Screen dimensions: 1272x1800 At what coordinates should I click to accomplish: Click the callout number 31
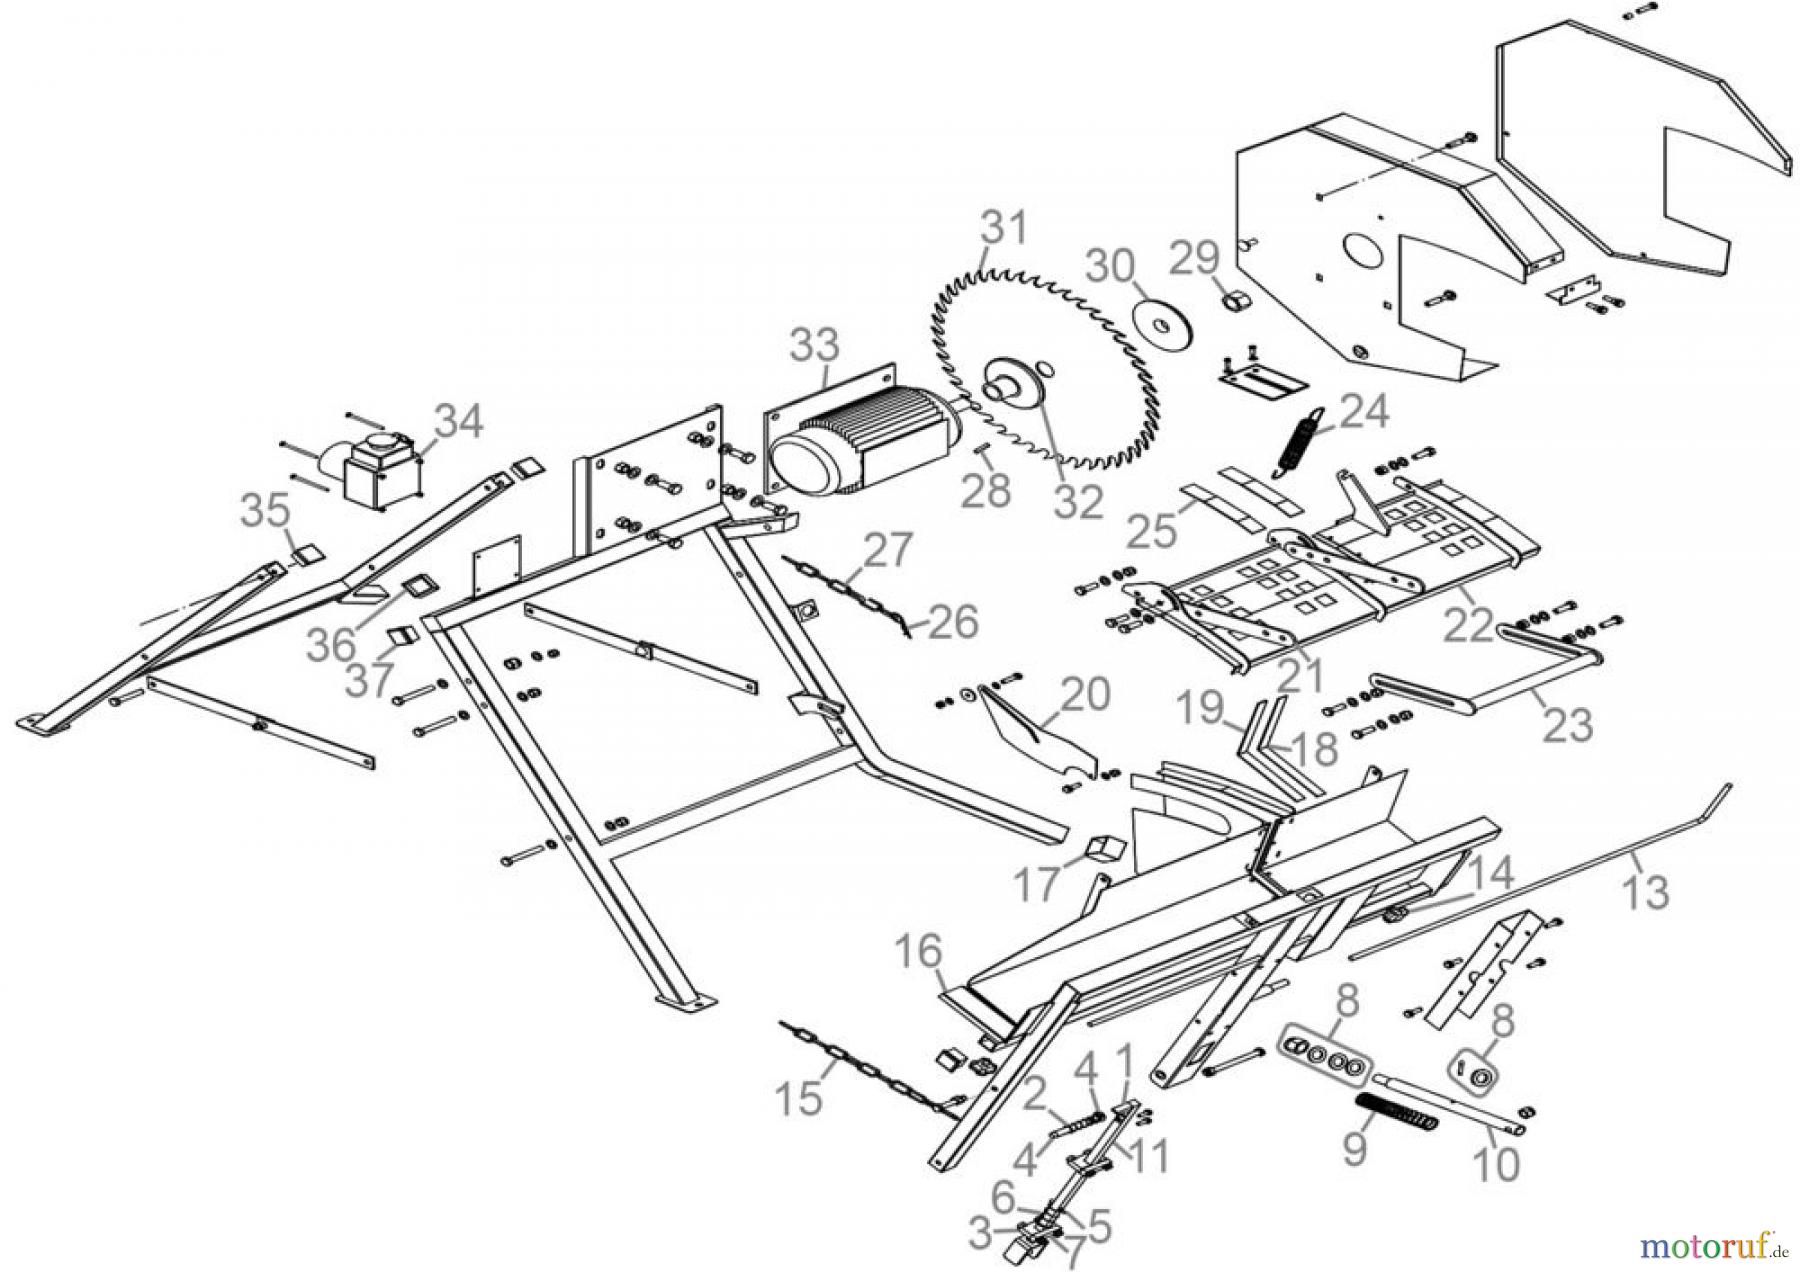[x=1004, y=229]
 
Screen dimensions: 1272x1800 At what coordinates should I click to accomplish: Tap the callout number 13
[x=1645, y=891]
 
